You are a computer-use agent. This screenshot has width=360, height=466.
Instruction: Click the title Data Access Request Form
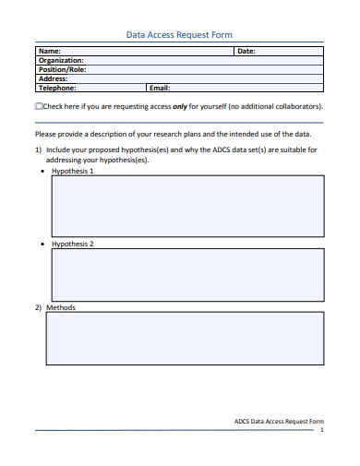click(179, 35)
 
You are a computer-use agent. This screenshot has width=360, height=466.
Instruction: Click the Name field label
click(50, 52)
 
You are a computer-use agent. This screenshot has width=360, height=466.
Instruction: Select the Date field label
click(246, 52)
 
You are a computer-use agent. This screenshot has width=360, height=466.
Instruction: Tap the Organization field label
click(61, 61)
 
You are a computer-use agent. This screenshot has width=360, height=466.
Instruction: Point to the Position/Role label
click(62, 70)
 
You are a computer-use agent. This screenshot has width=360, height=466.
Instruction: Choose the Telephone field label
click(57, 89)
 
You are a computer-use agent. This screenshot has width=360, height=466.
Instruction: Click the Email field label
click(160, 89)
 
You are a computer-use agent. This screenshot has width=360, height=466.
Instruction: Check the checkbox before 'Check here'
click(38, 106)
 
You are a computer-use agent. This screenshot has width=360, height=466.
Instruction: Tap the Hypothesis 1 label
click(72, 171)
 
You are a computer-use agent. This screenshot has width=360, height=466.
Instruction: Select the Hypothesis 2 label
click(72, 244)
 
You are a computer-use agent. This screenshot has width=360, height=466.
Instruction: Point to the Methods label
click(61, 307)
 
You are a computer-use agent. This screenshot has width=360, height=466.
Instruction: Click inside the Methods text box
click(185, 339)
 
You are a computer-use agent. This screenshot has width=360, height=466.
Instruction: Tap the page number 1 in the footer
click(321, 431)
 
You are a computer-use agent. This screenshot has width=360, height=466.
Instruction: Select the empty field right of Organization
click(203, 61)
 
